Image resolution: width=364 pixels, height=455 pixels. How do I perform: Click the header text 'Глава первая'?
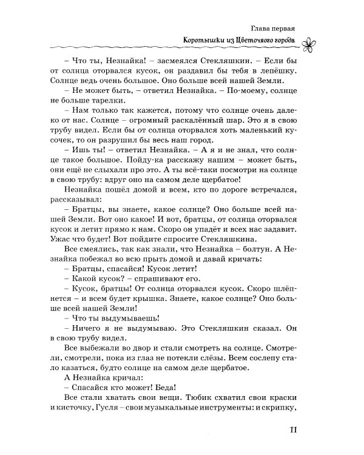pyautogui.click(x=272, y=29)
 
